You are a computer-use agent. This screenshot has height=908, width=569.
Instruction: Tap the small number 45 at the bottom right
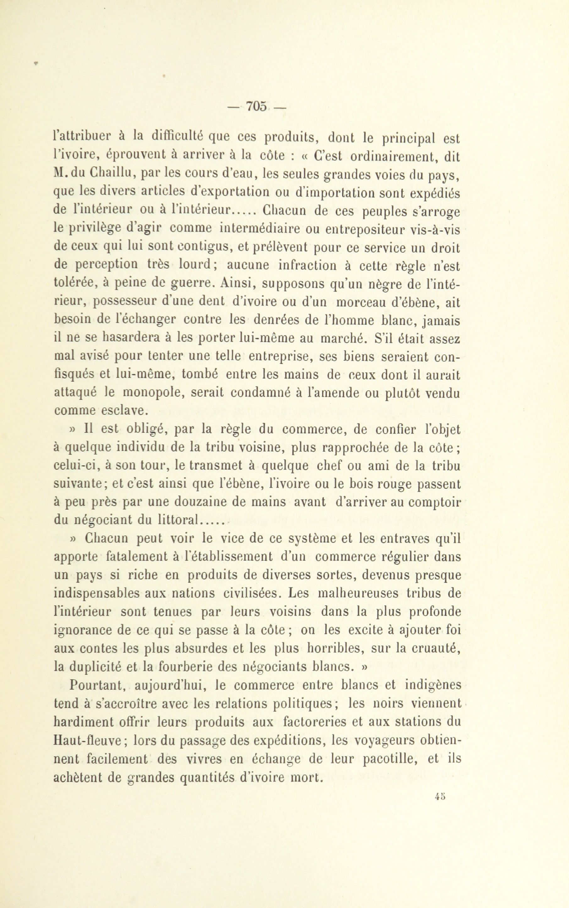[440, 796]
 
